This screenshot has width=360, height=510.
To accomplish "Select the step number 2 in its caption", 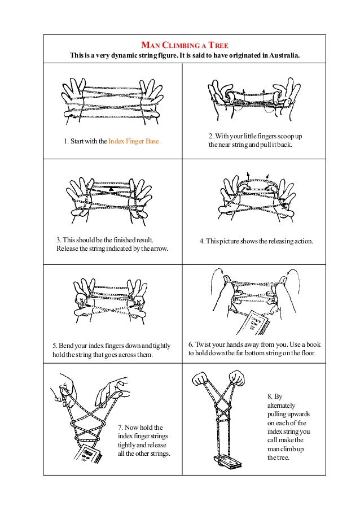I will [211, 136].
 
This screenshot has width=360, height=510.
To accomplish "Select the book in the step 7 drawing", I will [86, 456].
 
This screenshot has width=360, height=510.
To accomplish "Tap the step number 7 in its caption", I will [120, 427].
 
